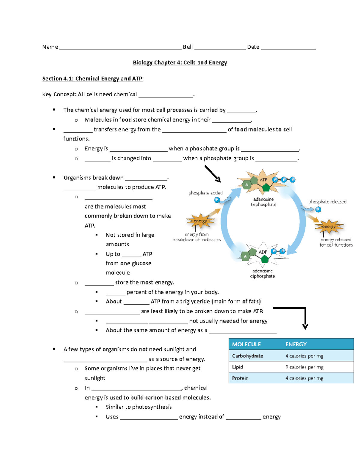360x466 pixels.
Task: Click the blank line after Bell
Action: point(220,48)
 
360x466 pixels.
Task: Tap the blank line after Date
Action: point(288,48)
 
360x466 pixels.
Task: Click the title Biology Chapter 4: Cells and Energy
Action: point(180,62)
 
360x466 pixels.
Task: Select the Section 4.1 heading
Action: point(92,79)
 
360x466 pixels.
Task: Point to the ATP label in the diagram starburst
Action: point(263,180)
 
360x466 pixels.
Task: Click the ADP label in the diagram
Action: point(263,252)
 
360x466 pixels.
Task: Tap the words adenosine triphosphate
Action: point(263,202)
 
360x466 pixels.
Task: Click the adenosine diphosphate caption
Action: point(262,274)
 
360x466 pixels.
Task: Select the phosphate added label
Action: point(205,193)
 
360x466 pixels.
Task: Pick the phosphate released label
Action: point(327,202)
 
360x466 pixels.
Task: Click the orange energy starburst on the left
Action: point(200,221)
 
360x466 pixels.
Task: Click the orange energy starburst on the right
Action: point(329,227)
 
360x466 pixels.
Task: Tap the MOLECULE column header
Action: point(246,344)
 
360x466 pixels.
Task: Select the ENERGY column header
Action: point(296,344)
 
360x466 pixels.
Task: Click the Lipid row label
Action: point(238,367)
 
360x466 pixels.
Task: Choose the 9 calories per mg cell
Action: point(304,367)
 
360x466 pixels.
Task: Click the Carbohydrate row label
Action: point(247,356)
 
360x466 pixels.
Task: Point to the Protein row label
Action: point(240,378)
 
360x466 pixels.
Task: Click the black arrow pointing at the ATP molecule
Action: point(213,174)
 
